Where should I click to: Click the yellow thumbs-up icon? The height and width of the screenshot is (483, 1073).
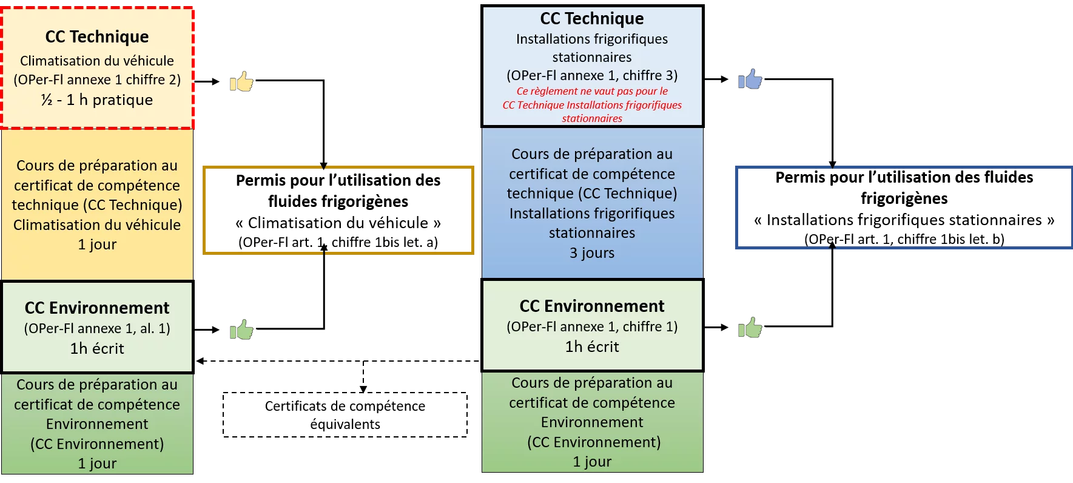click(x=241, y=81)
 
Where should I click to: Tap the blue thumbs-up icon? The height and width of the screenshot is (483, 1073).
click(x=750, y=79)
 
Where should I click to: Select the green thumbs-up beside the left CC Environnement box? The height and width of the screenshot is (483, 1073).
click(x=241, y=329)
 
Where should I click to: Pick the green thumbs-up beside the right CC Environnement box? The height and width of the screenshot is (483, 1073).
click(x=750, y=328)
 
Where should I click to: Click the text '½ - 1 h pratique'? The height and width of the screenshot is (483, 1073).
click(x=97, y=100)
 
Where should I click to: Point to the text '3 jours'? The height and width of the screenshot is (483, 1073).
click(x=592, y=253)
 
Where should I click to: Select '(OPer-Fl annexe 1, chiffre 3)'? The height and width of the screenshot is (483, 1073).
click(x=592, y=76)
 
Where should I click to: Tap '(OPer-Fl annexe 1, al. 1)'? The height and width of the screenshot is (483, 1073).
click(x=97, y=329)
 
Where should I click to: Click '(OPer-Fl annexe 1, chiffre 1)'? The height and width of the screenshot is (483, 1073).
click(x=592, y=327)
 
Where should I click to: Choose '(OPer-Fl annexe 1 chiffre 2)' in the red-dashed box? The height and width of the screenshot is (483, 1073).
click(x=97, y=80)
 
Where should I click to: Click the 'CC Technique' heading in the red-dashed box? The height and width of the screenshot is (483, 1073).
click(x=97, y=37)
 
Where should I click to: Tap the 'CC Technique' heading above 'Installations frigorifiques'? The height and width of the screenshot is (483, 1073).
click(x=592, y=19)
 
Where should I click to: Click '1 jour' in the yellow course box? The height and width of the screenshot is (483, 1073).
click(x=97, y=245)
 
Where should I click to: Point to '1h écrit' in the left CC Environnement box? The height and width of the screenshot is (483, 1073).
click(x=97, y=349)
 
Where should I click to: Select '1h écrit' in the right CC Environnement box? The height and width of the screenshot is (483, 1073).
click(x=592, y=347)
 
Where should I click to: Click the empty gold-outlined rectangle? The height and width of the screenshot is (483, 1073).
click(x=337, y=209)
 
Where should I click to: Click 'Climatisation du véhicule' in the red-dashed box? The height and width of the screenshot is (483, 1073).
click(x=97, y=61)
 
